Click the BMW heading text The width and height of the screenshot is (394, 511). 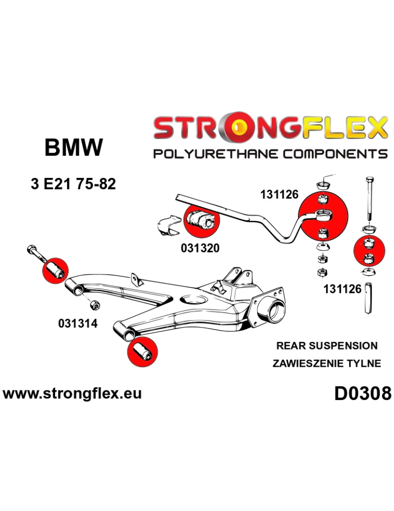(74, 148)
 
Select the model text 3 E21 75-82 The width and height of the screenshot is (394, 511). (73, 184)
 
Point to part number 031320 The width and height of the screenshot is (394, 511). (200, 248)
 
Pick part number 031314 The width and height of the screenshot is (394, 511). (77, 324)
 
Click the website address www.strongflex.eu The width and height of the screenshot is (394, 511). (72, 393)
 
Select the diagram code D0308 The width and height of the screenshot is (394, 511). (363, 393)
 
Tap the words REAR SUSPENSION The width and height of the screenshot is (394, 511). (327, 345)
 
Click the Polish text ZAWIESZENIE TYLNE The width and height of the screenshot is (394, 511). (327, 363)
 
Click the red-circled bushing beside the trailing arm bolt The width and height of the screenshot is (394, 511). (55, 269)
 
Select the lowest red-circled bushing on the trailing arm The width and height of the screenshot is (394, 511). (142, 352)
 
